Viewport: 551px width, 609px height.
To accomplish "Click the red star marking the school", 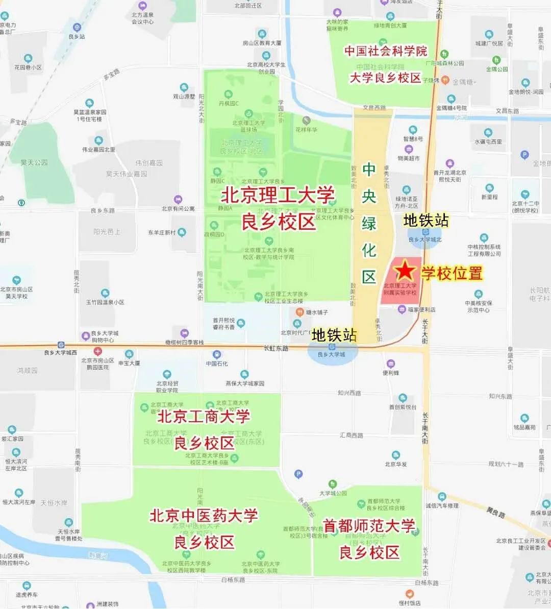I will pyautogui.click(x=406, y=270).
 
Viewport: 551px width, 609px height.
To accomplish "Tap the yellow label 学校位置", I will pyautogui.click(x=452, y=273).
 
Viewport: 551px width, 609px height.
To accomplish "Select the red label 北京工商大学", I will pyautogui.click(x=204, y=417).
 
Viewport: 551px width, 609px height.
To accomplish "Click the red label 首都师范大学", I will pyautogui.click(x=369, y=526).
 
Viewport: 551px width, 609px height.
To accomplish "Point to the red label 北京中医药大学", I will pyautogui.click(x=204, y=516).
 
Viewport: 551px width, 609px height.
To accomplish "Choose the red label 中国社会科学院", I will pyautogui.click(x=386, y=51).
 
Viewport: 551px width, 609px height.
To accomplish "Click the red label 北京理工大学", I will pyautogui.click(x=278, y=196).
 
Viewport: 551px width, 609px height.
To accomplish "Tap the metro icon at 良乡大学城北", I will pyautogui.click(x=425, y=232).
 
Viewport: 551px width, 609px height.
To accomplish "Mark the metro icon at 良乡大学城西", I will pyautogui.click(x=61, y=345).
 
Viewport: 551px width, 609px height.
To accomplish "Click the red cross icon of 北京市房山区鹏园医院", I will pyautogui.click(x=97, y=351).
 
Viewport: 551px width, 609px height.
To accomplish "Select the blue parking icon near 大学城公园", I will pyautogui.click(x=298, y=474).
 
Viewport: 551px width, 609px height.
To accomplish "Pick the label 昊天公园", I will pyautogui.click(x=34, y=162).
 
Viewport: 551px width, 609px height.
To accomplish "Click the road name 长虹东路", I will pyautogui.click(x=276, y=348).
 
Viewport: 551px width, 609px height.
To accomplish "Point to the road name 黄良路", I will pyautogui.click(x=495, y=513).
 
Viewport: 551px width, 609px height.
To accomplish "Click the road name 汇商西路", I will pyautogui.click(x=351, y=435).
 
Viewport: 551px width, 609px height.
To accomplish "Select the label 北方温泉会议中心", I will pyautogui.click(x=143, y=18).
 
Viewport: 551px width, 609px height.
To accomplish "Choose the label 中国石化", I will pyautogui.click(x=217, y=363).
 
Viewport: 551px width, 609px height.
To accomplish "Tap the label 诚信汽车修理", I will pyautogui.click(x=442, y=505).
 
